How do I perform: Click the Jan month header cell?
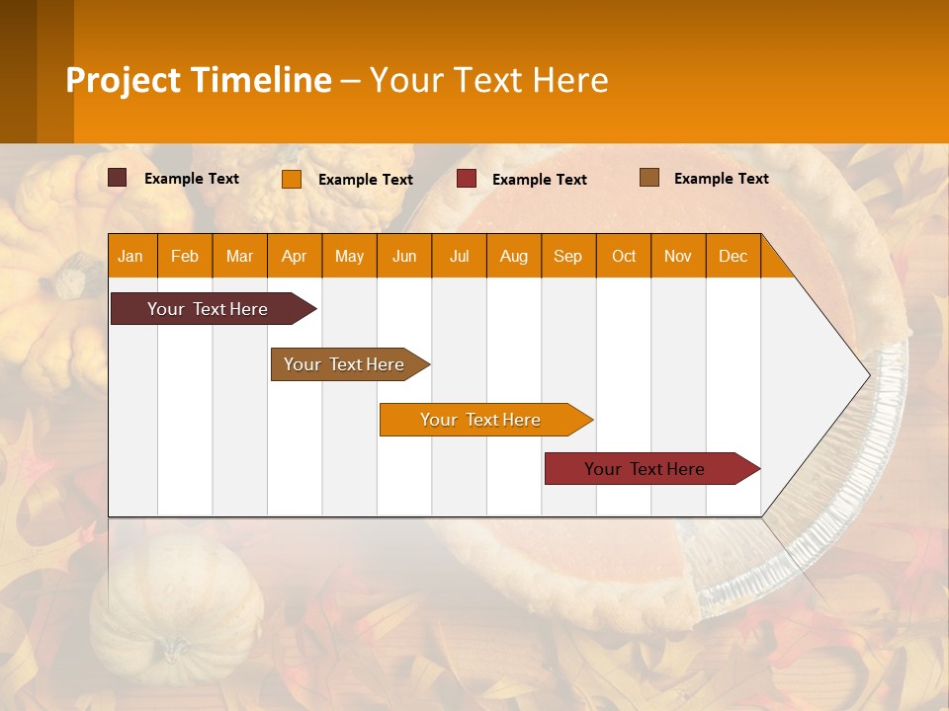(x=131, y=256)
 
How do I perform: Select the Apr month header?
(x=295, y=256)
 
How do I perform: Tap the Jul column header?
(x=460, y=256)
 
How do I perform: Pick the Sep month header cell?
(x=568, y=256)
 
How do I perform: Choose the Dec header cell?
(x=733, y=256)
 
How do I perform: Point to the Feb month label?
(x=185, y=256)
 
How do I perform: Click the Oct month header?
(x=624, y=256)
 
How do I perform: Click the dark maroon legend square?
(x=117, y=178)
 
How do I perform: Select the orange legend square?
(x=291, y=179)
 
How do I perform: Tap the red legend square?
(x=466, y=179)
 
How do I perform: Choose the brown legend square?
(x=648, y=178)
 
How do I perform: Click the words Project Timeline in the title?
(x=199, y=80)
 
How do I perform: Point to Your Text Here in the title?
(x=488, y=80)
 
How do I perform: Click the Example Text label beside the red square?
(x=539, y=180)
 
